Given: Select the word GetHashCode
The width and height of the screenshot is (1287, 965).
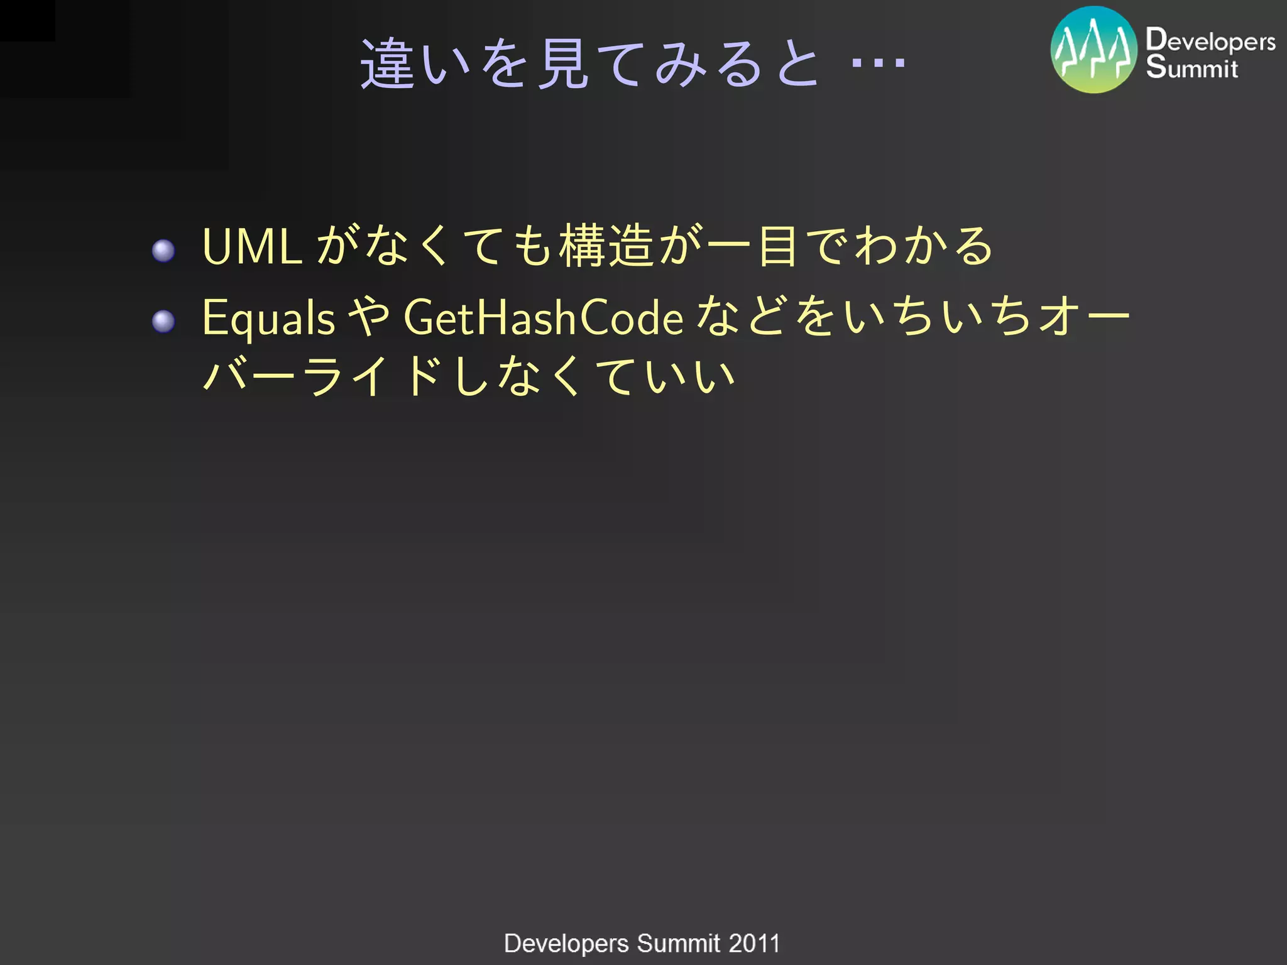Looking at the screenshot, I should [x=543, y=317].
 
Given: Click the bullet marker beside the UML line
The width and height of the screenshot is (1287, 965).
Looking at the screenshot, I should [x=163, y=251].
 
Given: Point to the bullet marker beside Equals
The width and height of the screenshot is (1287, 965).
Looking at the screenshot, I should [x=163, y=322].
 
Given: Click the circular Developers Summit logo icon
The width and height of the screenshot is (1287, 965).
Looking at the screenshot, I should [x=1094, y=50].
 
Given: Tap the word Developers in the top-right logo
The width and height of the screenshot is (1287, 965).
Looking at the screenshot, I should [x=1210, y=41].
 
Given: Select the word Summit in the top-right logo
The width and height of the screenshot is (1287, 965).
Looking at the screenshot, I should [x=1191, y=68].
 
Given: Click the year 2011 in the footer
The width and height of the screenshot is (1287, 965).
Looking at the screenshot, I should [x=753, y=944].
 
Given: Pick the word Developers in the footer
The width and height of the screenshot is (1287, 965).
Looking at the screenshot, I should [x=566, y=944].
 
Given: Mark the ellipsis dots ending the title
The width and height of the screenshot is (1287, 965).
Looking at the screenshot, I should [x=878, y=63].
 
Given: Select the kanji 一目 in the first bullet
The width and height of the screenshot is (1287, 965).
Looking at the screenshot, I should [x=753, y=246].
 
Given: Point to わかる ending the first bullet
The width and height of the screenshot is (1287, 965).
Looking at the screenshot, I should [x=924, y=246].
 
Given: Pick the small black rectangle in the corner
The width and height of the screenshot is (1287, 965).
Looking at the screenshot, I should [x=27, y=20].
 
